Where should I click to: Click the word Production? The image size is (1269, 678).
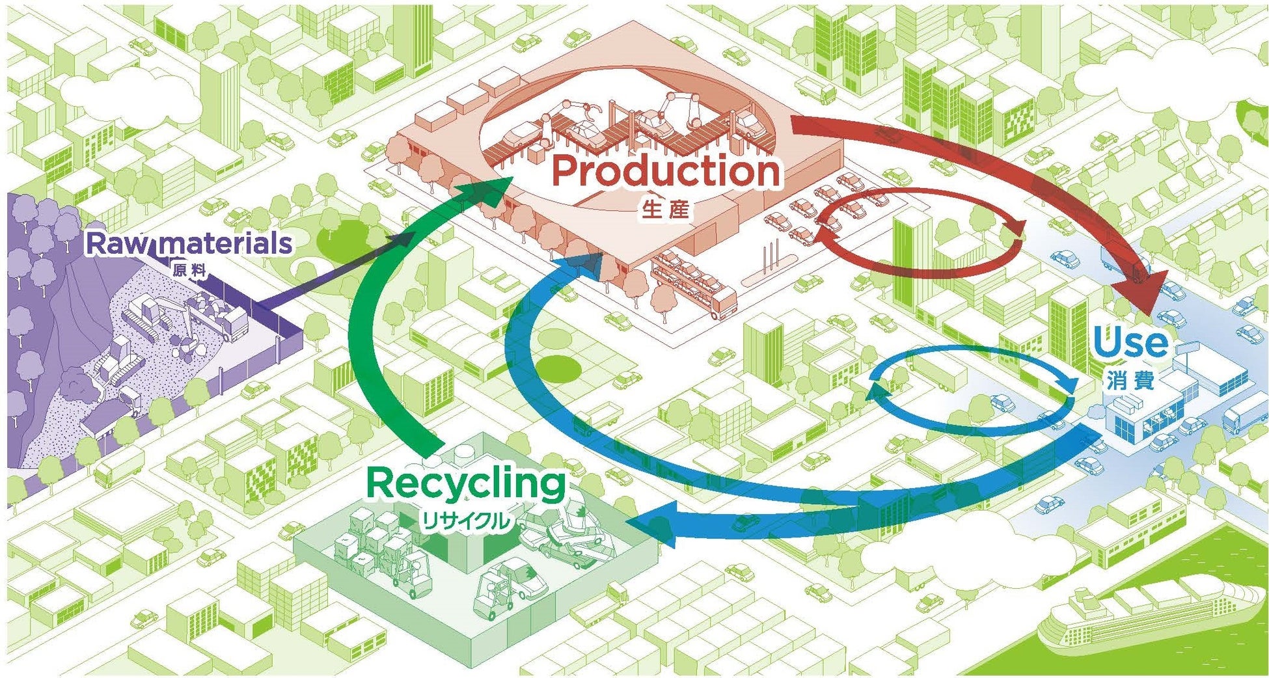pyautogui.click(x=665, y=171)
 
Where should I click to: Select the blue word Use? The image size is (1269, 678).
pyautogui.click(x=1130, y=343)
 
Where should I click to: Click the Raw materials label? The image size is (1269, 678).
pyautogui.click(x=189, y=244)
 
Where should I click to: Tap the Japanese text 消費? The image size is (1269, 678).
pyautogui.click(x=1130, y=380)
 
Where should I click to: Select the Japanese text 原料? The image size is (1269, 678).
pyautogui.click(x=189, y=269)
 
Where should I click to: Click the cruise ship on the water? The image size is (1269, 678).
pyautogui.click(x=1145, y=612)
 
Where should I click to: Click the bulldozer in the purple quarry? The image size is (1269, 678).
pyautogui.click(x=117, y=364)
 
